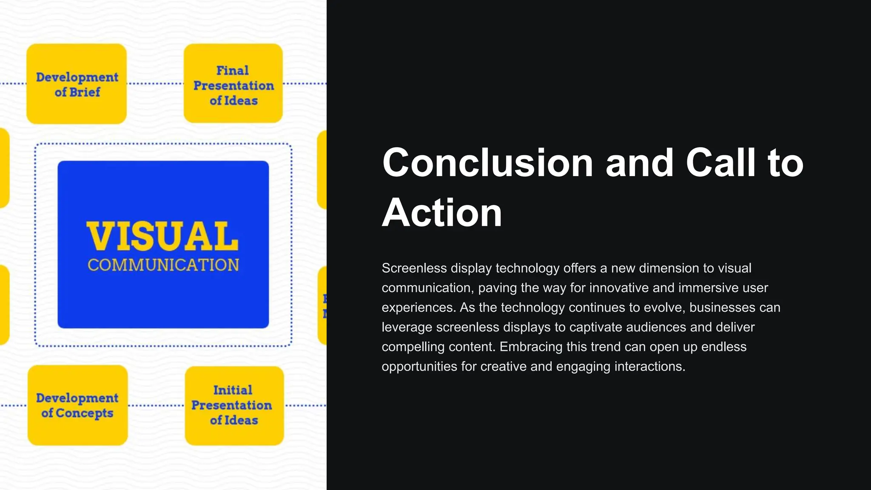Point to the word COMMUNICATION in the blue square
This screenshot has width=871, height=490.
tap(163, 265)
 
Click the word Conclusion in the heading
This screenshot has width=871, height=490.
tap(487, 163)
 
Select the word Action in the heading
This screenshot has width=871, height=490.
tap(442, 213)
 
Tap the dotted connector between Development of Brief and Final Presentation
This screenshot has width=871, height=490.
tap(155, 84)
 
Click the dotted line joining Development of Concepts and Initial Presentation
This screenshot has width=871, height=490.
tap(156, 405)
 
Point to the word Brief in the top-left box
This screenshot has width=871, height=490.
tap(85, 92)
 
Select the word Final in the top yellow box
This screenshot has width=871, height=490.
tap(233, 70)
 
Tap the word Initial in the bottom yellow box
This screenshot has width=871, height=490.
tap(233, 390)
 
